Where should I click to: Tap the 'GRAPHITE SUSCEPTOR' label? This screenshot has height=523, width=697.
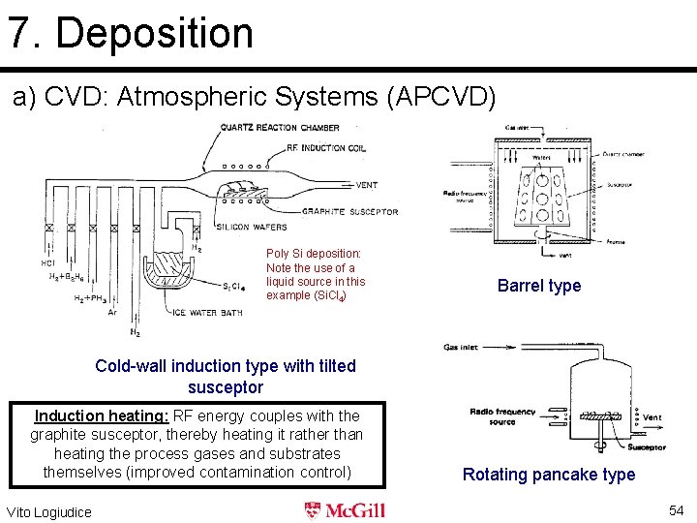349,212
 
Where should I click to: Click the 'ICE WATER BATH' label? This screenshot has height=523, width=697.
207,312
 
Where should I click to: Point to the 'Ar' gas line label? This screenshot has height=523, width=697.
113,313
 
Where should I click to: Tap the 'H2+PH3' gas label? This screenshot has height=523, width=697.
92,299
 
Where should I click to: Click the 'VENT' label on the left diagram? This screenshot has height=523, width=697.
367,185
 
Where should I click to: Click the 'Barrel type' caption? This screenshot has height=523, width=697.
539,286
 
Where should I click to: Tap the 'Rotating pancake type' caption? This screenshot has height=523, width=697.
549,475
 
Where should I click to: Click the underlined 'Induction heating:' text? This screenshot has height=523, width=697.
102,416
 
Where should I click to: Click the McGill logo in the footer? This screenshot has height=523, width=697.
346,510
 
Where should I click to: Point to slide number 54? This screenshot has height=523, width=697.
676,510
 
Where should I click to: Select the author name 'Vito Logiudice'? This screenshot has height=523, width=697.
49,511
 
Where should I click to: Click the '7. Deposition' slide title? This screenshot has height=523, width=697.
131,32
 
